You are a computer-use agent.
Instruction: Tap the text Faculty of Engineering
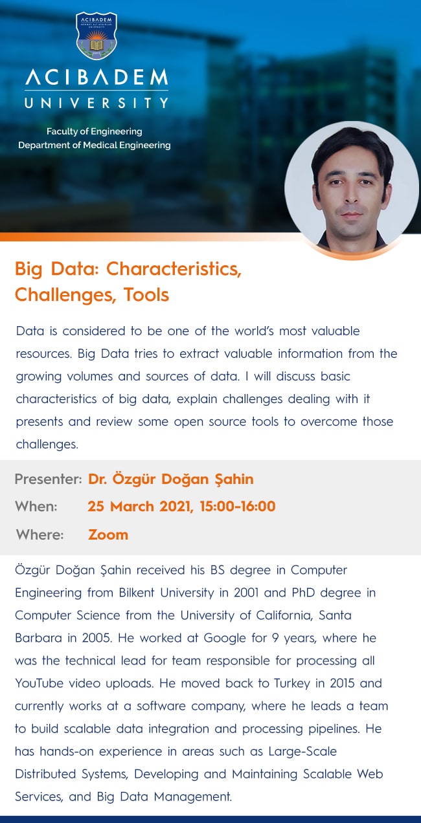point(94,131)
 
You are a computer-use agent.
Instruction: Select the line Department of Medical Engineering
point(94,146)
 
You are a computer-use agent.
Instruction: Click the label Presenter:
point(48,479)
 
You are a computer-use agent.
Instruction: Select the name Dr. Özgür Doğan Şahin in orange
point(170,479)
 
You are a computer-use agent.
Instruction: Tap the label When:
point(37,507)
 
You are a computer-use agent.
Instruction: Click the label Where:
point(40,535)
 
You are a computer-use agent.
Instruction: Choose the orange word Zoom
point(108,535)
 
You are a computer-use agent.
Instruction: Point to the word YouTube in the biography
point(40,683)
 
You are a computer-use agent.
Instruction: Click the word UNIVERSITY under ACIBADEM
point(96,103)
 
